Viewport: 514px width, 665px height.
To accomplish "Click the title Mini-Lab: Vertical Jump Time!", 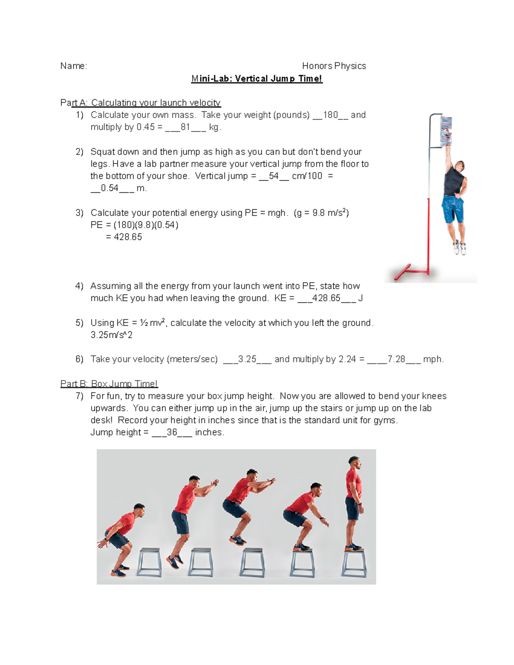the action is point(257,79).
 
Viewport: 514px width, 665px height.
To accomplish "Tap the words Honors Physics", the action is point(334,66).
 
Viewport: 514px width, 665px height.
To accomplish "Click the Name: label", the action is point(74,66).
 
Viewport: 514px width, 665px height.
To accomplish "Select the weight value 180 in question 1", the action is point(330,115).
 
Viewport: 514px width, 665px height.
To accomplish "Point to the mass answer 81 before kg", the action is point(185,127).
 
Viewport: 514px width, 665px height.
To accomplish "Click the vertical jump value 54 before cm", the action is point(274,176).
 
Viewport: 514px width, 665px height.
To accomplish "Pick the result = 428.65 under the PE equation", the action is point(124,237).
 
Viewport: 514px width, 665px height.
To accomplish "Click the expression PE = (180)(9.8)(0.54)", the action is point(134,225).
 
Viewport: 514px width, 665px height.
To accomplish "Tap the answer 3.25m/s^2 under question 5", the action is point(111,335).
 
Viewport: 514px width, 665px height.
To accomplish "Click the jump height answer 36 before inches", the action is point(172,432).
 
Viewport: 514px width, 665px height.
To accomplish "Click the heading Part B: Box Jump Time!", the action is point(109,384).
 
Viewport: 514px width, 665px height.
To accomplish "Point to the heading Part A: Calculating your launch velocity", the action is point(140,103).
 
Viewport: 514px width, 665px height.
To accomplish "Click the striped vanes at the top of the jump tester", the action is point(446,131).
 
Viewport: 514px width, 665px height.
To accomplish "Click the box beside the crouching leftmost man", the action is point(149,563).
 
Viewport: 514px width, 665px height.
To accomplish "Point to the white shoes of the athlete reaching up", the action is point(460,248).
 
